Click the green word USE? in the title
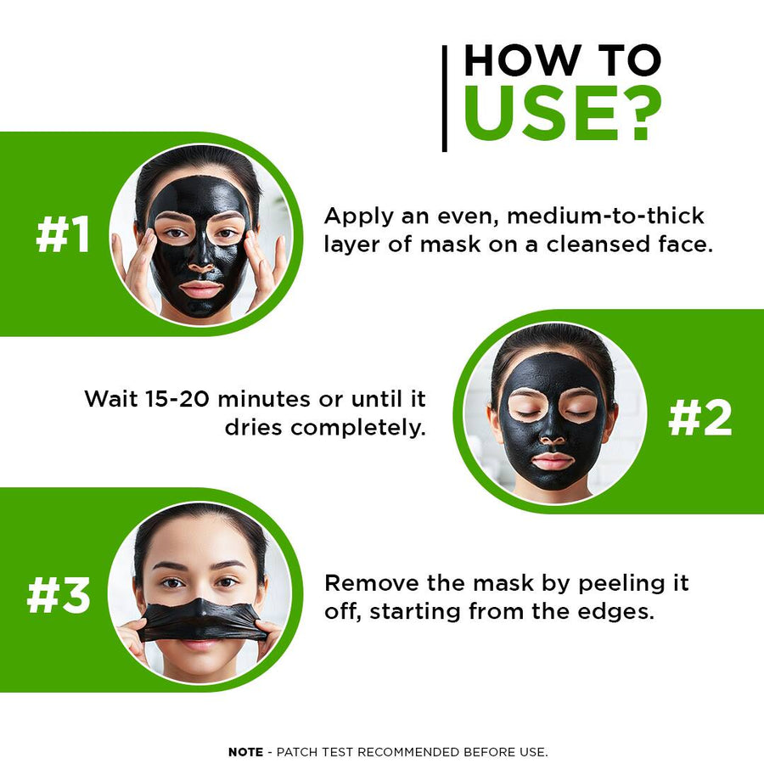(563, 114)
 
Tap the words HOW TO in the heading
(563, 60)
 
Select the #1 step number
(63, 234)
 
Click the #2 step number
(699, 418)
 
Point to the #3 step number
(59, 595)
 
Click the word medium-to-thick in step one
(605, 216)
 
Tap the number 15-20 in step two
(177, 399)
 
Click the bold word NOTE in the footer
(245, 752)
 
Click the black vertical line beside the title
(444, 98)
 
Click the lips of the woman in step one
(200, 289)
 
